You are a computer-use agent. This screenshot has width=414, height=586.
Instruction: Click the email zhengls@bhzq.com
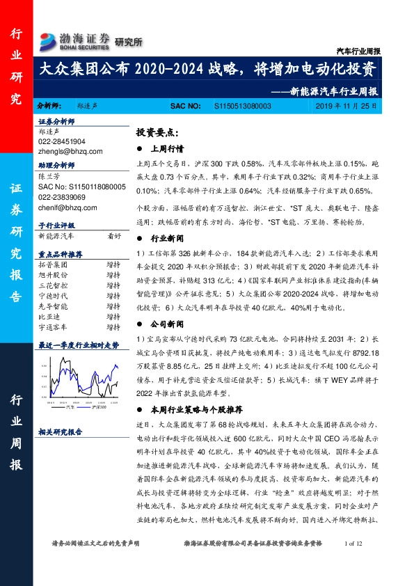click(70, 151)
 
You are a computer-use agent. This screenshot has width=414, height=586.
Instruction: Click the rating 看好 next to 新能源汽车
click(114, 237)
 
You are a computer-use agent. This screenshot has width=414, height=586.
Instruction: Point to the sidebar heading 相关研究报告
click(61, 431)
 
